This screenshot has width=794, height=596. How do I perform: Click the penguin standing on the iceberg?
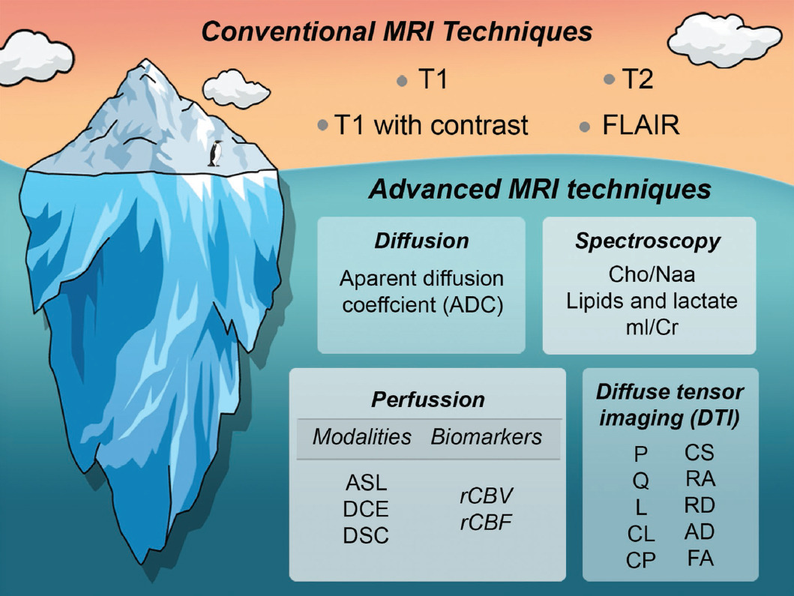(x=215, y=154)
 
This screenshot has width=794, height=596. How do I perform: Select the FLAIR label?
(x=640, y=125)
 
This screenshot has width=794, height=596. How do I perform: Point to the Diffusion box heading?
(x=421, y=241)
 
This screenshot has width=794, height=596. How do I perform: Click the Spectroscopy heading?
(x=648, y=241)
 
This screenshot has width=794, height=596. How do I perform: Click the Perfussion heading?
(x=428, y=399)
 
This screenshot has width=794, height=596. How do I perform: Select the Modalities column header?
(x=362, y=437)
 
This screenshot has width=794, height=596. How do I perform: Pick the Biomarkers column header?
(x=487, y=437)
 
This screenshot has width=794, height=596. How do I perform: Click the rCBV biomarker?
(x=486, y=496)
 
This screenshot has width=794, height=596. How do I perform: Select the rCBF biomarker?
(x=486, y=523)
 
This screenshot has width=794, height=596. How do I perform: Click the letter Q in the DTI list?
(x=640, y=481)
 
